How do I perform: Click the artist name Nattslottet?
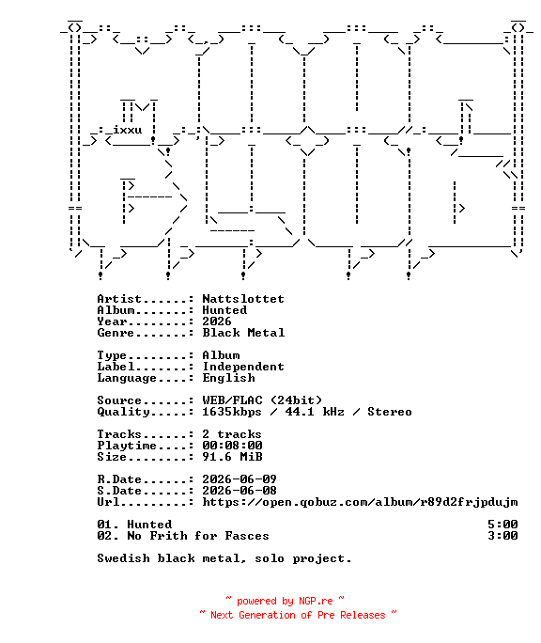(243, 299)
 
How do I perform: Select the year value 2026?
(217, 321)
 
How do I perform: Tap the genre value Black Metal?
(243, 333)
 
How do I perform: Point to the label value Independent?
(243, 367)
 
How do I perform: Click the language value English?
(228, 378)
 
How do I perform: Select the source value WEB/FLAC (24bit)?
(262, 400)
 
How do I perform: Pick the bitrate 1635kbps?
(232, 412)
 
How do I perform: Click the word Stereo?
(390, 412)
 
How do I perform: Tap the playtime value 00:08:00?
(232, 446)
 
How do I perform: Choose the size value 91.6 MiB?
(232, 457)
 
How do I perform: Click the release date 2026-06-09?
(240, 479)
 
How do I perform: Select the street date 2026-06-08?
(240, 491)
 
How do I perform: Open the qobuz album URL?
(360, 502)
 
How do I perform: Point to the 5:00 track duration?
(502, 525)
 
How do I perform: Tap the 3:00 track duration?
(502, 536)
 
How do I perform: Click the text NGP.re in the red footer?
(316, 602)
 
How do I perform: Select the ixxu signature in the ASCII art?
(128, 130)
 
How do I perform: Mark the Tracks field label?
(119, 434)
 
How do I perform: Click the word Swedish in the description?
(123, 558)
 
